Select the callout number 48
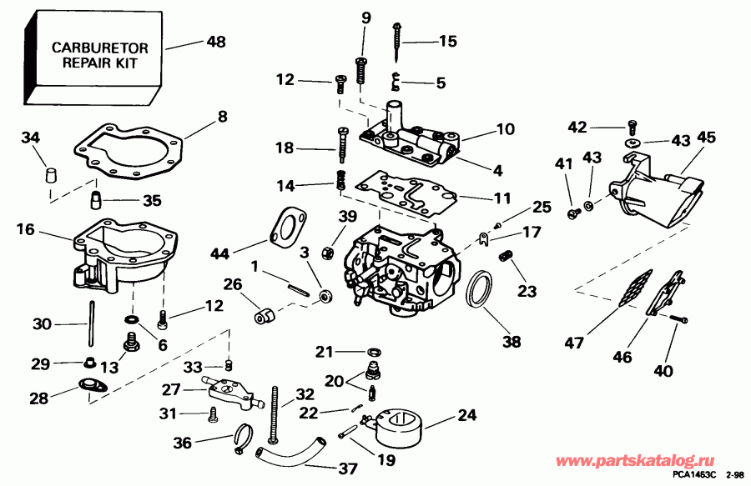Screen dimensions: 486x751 (x=215, y=42)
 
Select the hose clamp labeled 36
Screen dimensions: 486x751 (x=243, y=437)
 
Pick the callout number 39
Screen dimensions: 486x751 (x=325, y=218)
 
